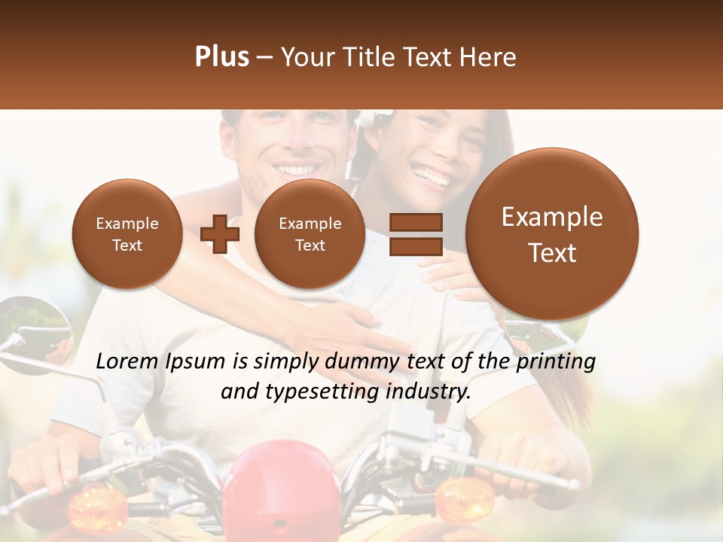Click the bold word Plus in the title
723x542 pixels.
pos(221,57)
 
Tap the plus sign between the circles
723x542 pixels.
pos(220,233)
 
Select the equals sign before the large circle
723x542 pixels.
pos(415,233)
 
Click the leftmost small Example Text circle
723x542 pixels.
pos(127,234)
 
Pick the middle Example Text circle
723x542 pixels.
pos(310,234)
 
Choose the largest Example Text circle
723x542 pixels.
pos(552,234)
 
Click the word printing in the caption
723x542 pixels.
pos(557,361)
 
